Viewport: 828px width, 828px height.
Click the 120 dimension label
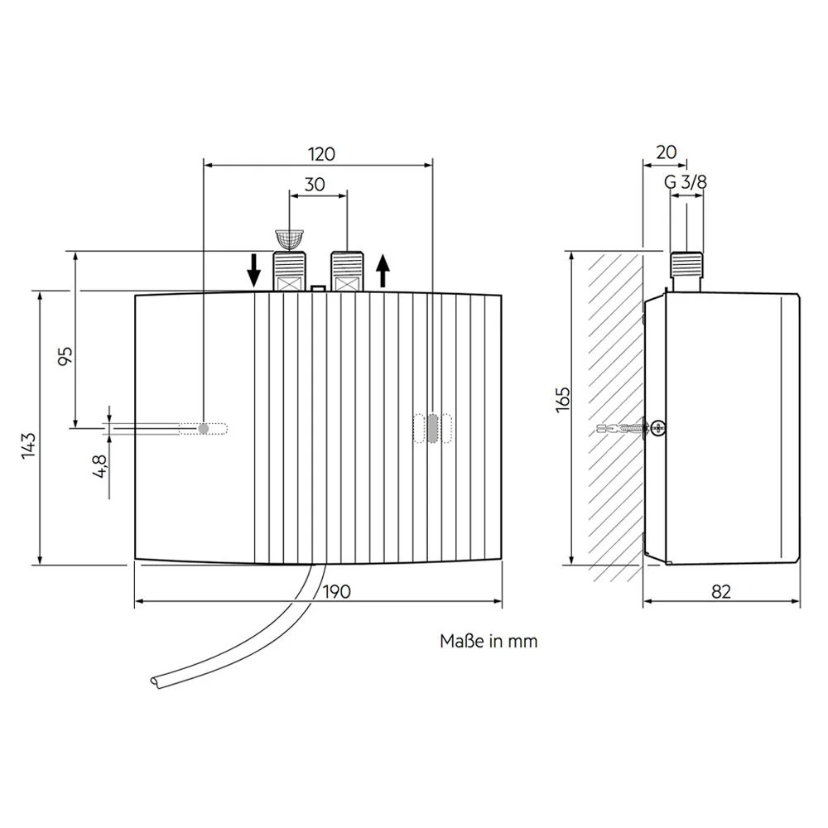pos(321,153)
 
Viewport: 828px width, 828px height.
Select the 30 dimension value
pos(314,185)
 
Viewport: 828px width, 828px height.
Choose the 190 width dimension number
pos(337,591)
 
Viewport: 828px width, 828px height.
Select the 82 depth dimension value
pos(722,591)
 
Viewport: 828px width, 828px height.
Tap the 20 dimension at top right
pos(666,152)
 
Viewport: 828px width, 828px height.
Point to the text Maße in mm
pos(489,641)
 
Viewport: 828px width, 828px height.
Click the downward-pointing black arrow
pos(255,270)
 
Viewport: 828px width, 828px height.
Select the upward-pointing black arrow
pos(383,270)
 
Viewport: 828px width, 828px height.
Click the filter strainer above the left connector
pos(287,239)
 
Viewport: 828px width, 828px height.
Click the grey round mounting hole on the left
pos(204,428)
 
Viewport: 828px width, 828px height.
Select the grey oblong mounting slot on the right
pos(433,428)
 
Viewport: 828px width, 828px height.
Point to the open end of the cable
pos(156,681)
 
